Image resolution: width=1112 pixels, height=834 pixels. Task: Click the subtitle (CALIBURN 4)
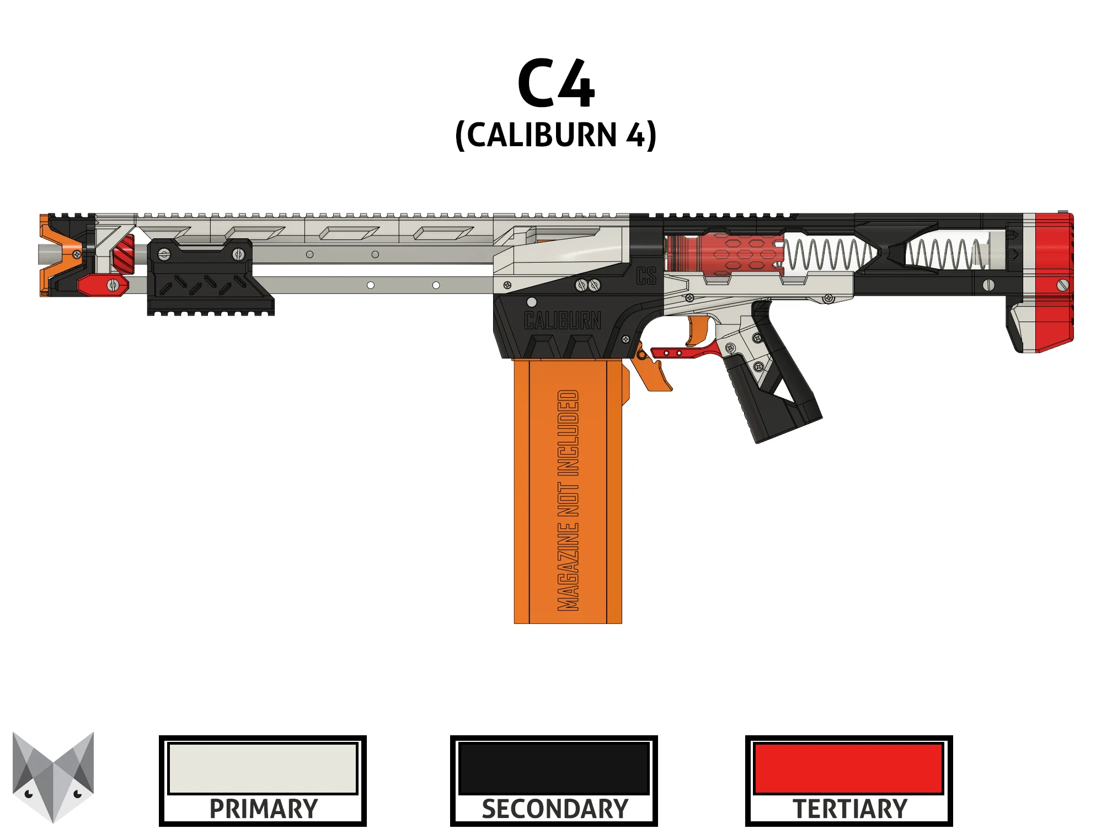[x=556, y=135]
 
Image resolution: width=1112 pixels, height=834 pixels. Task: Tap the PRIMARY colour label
[x=263, y=809]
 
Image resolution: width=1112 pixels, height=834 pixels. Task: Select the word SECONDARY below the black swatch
[x=554, y=809]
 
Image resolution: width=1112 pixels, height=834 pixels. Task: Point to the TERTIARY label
[x=849, y=809]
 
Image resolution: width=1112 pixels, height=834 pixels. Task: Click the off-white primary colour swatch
[x=263, y=768]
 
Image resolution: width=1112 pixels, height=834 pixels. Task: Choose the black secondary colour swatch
[x=554, y=768]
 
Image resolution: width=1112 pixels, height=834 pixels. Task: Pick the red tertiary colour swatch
[x=849, y=768]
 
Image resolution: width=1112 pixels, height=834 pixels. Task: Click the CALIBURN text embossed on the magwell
[x=562, y=320]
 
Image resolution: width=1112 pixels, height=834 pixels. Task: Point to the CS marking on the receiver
[x=646, y=276]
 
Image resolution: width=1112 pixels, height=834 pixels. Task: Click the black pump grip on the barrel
[x=207, y=279]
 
